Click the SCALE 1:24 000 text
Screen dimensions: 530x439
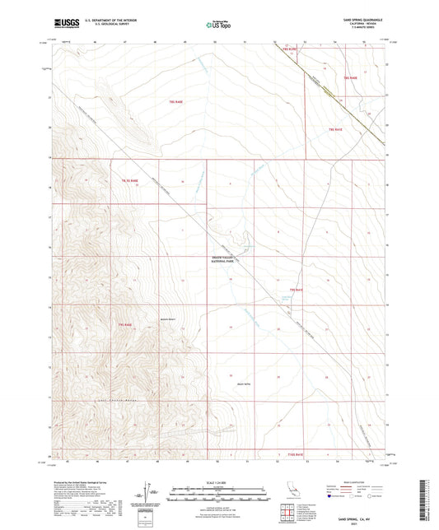219,481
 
